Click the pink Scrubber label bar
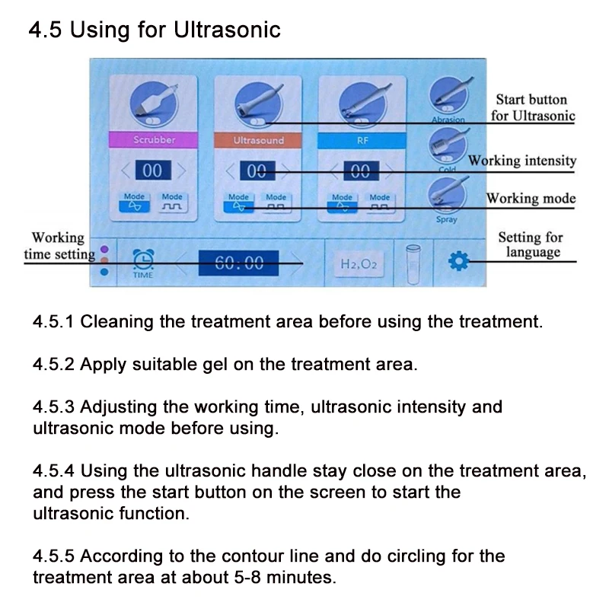pyautogui.click(x=154, y=140)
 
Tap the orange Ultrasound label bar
pyautogui.click(x=258, y=140)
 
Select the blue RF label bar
pyautogui.click(x=362, y=140)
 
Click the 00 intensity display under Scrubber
pyautogui.click(x=152, y=171)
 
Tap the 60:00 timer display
pyautogui.click(x=239, y=263)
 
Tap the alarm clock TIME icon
pyautogui.click(x=143, y=261)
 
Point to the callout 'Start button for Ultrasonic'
pyautogui.click(x=531, y=107)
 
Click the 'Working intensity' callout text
pyautogui.click(x=522, y=161)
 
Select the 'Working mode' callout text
pyautogui.click(x=531, y=199)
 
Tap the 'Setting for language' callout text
pyautogui.click(x=530, y=244)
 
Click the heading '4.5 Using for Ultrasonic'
pyautogui.click(x=155, y=30)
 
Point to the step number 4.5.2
pyautogui.click(x=53, y=364)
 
